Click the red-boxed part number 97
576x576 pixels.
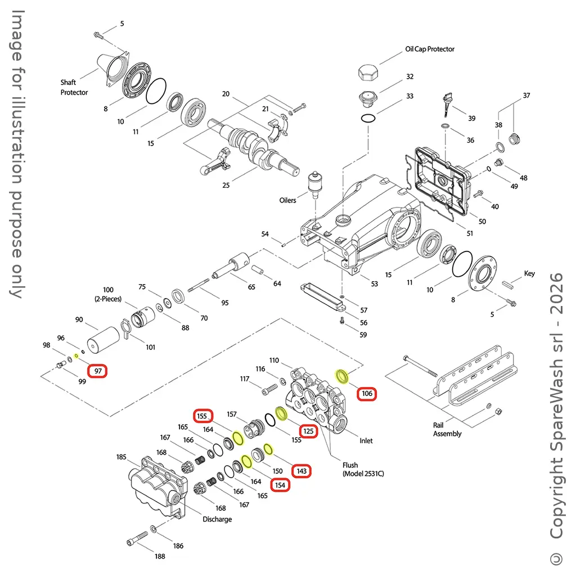[98, 371]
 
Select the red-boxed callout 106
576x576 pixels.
[367, 394]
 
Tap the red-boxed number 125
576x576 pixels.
[308, 431]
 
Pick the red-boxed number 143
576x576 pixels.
[302, 471]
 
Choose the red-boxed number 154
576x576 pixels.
[280, 485]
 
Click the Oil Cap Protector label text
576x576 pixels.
[430, 49]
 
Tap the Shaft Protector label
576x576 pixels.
[74, 87]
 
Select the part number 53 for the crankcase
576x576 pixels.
[374, 283]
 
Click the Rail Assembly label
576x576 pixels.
[447, 430]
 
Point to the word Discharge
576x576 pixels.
[217, 519]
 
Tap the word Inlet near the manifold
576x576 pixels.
[366, 441]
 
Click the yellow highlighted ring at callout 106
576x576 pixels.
[341, 376]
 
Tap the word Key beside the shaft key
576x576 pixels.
[529, 274]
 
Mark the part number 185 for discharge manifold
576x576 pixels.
[121, 457]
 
